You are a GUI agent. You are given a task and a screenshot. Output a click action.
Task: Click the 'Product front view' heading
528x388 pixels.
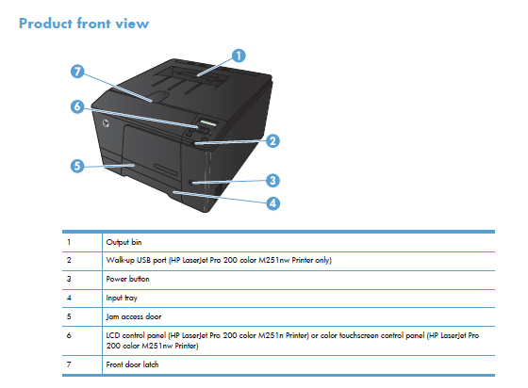[84, 24]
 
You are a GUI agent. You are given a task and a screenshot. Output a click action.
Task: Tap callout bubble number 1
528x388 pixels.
[239, 56]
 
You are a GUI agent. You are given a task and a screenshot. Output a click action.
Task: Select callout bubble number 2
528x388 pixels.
[272, 141]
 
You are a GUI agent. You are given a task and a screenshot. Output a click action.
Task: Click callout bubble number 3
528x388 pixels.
[272, 181]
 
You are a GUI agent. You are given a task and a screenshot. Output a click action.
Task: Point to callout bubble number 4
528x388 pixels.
[272, 203]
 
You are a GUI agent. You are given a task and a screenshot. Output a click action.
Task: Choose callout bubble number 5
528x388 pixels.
[77, 166]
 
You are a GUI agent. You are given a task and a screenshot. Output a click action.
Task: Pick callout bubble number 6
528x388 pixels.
[77, 106]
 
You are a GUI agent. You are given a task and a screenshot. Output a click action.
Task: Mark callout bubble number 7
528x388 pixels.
[77, 72]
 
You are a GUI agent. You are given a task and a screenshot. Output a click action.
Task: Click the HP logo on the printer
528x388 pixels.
[106, 123]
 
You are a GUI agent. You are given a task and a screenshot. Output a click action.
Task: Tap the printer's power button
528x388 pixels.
[190, 183]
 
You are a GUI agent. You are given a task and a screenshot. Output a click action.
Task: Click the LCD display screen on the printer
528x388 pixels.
[206, 122]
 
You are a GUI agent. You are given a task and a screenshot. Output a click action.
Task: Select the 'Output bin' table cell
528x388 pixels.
[124, 242]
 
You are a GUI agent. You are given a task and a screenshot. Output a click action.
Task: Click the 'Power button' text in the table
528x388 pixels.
[127, 279]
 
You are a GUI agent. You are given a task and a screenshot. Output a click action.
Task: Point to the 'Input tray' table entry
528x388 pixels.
[122, 298]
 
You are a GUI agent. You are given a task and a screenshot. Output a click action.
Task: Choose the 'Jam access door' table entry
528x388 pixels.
[134, 316]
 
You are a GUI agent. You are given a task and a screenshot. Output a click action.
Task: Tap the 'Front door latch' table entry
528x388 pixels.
[132, 364]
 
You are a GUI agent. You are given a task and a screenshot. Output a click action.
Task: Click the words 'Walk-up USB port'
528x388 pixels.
[137, 260]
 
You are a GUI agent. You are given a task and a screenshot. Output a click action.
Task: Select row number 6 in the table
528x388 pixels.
[69, 335]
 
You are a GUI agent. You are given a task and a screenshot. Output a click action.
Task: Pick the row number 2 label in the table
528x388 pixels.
[69, 260]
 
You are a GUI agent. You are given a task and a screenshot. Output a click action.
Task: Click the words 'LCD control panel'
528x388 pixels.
[136, 335]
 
